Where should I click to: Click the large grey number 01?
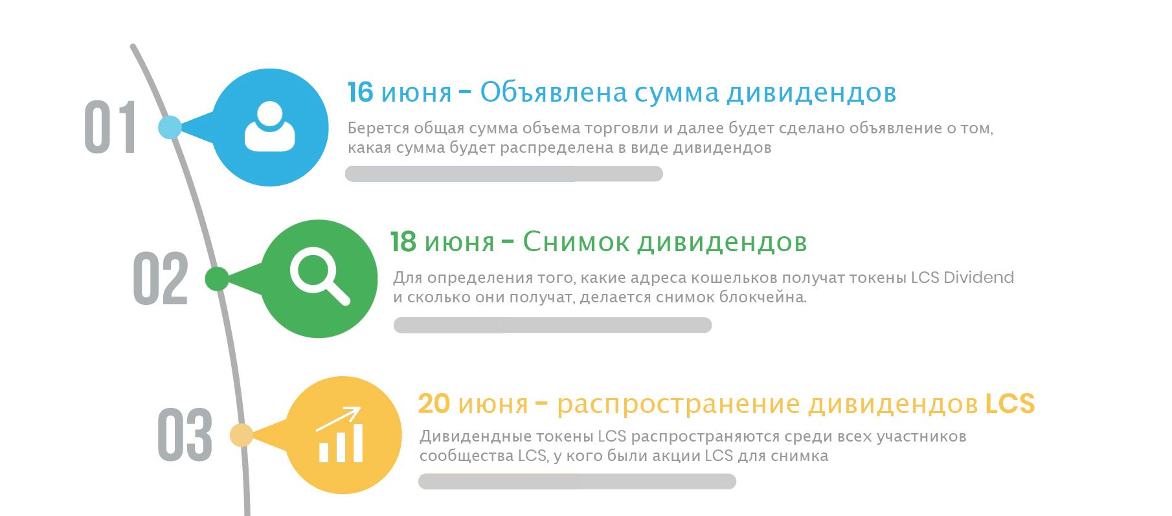click(110, 127)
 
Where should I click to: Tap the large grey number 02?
click(161, 278)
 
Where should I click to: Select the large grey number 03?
click(185, 434)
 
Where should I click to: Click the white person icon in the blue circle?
click(270, 127)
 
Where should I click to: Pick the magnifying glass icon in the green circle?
click(319, 277)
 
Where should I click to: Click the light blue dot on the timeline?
click(170, 128)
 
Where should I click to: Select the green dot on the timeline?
click(217, 279)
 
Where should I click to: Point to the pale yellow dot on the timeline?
click(242, 435)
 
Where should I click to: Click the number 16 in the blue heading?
click(361, 93)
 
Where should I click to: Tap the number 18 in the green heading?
click(403, 242)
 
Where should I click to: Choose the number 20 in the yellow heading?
click(434, 404)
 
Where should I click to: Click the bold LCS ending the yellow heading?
click(1010, 404)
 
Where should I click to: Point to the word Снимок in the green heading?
click(576, 242)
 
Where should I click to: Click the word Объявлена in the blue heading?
click(554, 93)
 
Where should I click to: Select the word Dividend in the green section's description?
click(978, 278)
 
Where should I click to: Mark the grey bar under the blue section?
click(504, 174)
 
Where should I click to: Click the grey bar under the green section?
click(552, 325)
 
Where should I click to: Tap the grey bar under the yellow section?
click(577, 481)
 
